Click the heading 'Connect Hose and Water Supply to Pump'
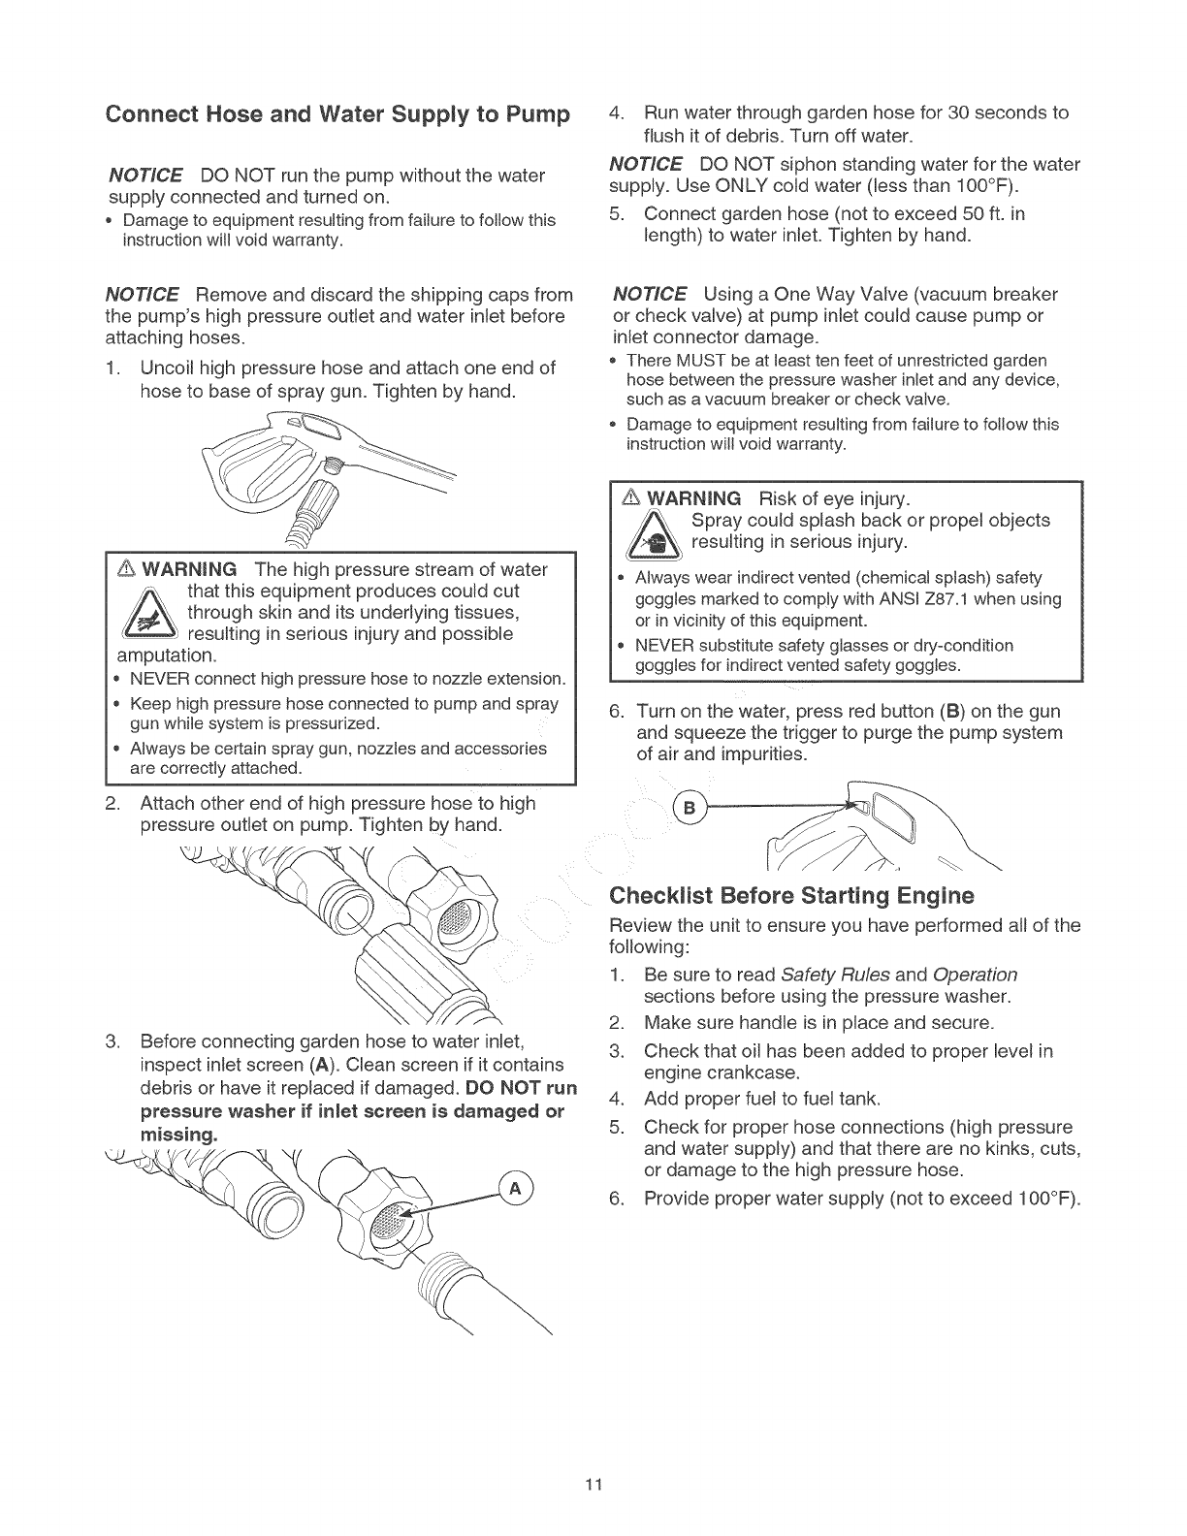click(x=337, y=114)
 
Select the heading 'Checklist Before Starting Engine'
click(x=790, y=893)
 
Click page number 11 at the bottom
click(x=593, y=1485)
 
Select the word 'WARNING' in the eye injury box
click(x=693, y=498)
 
